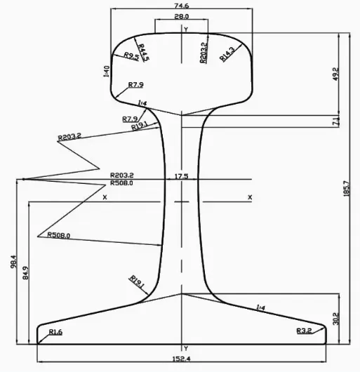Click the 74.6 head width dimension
(182, 5)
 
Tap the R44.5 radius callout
(143, 53)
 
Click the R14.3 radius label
(228, 53)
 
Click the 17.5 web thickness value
(182, 176)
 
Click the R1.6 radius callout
(55, 331)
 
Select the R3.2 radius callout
(303, 330)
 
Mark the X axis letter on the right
(250, 197)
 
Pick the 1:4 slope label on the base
(261, 307)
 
